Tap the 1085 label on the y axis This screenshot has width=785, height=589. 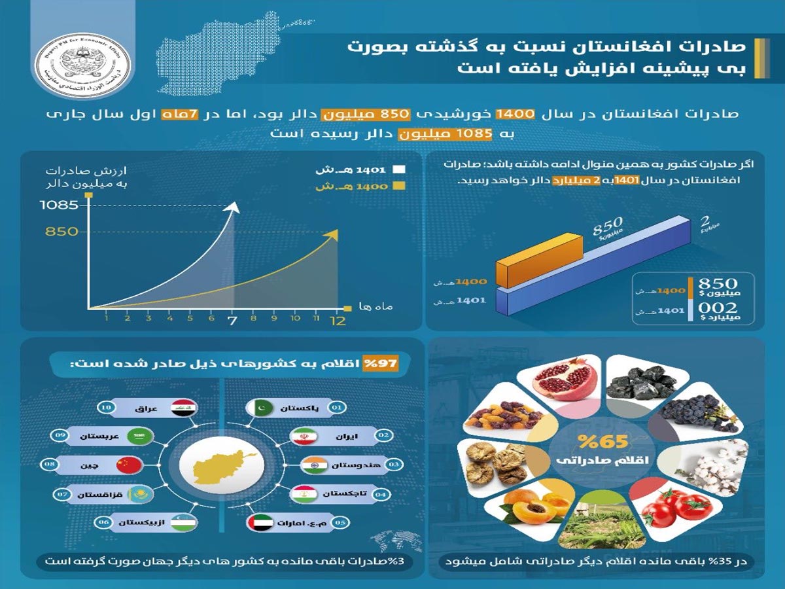[x=59, y=205]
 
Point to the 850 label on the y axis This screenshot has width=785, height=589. [x=62, y=231]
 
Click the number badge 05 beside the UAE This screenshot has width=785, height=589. [x=340, y=522]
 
